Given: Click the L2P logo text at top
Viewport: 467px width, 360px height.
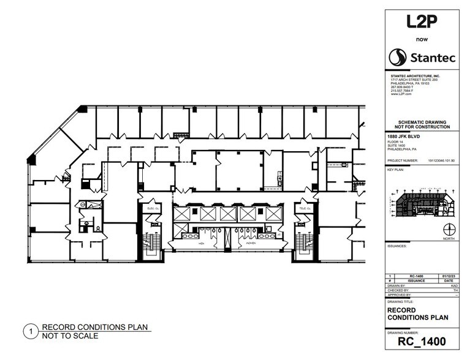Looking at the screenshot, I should [422, 23].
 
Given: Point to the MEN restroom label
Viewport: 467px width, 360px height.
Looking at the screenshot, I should [200, 243].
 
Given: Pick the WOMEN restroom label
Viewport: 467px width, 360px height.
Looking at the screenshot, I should [251, 243].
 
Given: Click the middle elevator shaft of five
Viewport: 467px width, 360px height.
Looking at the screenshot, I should [228, 214].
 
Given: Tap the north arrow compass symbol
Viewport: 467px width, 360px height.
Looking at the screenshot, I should [450, 228].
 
